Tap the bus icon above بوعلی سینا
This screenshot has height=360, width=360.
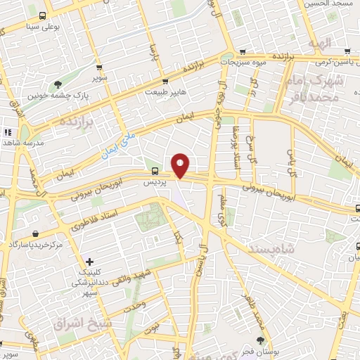(43, 15)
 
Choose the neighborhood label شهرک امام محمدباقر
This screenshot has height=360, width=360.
(315, 89)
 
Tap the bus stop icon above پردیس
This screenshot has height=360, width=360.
(155, 171)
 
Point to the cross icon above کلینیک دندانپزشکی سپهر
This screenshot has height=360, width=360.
(89, 262)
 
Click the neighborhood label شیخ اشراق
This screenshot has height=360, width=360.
(78, 323)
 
